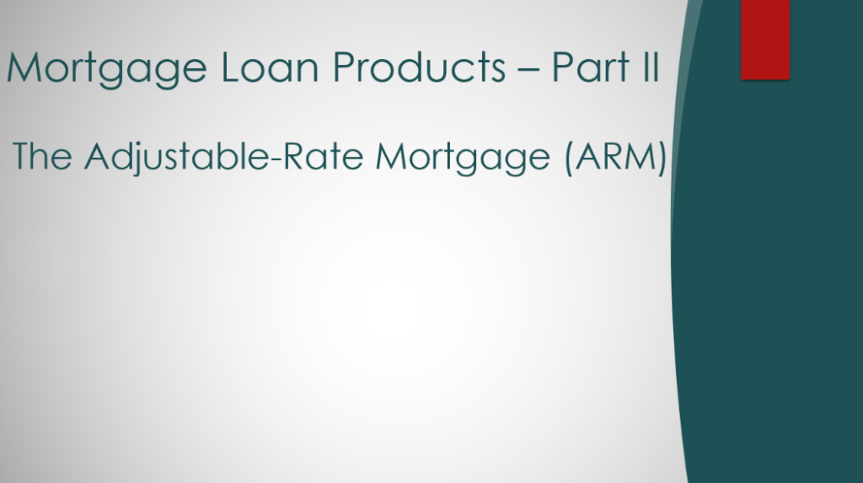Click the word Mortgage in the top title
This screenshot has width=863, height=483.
(x=107, y=69)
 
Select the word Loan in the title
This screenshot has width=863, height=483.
(x=270, y=67)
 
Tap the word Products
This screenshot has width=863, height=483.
(x=420, y=67)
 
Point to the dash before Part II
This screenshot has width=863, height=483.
(x=528, y=70)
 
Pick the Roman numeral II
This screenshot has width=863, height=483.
(x=651, y=67)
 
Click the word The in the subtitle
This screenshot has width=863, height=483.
(x=42, y=156)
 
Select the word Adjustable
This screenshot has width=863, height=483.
(x=177, y=158)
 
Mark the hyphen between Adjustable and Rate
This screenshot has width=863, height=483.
(x=276, y=158)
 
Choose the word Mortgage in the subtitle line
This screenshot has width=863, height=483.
(x=463, y=158)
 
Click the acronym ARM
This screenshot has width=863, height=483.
(x=616, y=156)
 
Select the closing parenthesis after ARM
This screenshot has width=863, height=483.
(x=662, y=158)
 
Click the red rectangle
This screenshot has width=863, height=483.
(x=765, y=40)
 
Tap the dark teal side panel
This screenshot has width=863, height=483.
(x=770, y=276)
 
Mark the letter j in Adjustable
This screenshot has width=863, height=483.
(x=137, y=159)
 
